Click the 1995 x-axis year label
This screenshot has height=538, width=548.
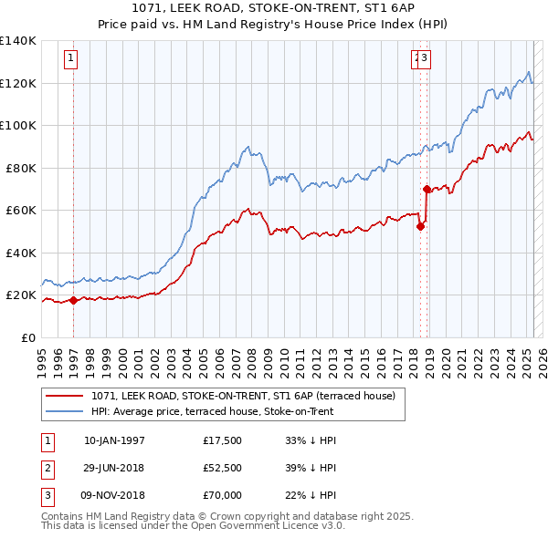point(42,356)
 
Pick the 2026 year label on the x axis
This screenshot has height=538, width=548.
point(541,356)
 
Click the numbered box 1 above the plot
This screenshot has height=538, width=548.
point(71,59)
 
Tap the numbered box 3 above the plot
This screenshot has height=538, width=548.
point(426,59)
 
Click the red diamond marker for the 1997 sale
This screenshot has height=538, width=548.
point(74,300)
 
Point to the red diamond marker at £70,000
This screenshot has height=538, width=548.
point(427,190)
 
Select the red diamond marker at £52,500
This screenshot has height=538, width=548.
point(420,227)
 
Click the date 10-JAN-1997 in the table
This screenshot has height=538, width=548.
point(114,440)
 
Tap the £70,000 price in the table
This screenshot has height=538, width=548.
point(222,495)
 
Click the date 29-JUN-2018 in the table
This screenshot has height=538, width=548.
point(114,468)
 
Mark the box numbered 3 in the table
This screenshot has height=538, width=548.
point(47,495)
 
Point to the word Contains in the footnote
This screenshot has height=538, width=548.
point(64,516)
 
